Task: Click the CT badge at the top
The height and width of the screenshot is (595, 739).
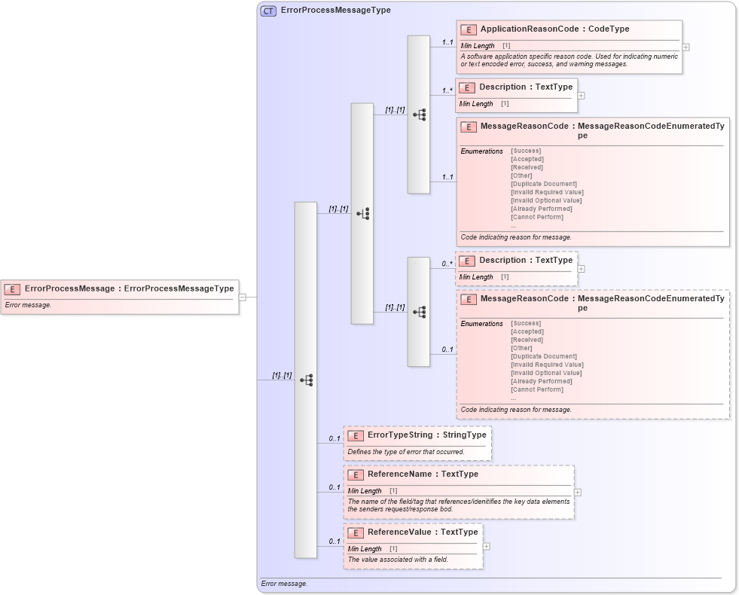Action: [x=268, y=11]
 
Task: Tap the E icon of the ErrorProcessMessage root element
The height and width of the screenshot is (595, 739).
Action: [x=12, y=288]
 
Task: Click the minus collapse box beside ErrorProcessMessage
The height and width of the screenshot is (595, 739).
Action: [x=243, y=297]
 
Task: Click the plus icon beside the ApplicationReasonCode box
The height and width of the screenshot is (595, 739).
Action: [x=686, y=47]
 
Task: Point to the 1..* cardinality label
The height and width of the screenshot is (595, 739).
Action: [x=447, y=90]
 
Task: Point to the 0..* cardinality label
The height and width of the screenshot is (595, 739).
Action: [x=447, y=264]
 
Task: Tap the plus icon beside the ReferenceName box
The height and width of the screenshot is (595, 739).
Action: [x=577, y=492]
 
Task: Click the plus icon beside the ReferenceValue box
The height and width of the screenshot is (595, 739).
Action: [x=486, y=547]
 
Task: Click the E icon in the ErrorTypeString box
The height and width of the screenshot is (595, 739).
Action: [x=356, y=435]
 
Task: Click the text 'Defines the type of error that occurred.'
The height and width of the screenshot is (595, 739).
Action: [x=406, y=452]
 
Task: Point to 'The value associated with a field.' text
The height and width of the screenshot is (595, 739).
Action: [x=398, y=560]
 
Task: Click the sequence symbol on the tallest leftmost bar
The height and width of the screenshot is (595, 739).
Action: [x=307, y=380]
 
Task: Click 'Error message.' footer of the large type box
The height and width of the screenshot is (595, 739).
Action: [x=284, y=584]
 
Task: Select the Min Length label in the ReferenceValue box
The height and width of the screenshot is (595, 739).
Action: [x=365, y=549]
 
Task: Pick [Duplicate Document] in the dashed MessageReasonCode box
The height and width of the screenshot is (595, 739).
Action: [x=543, y=356]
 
